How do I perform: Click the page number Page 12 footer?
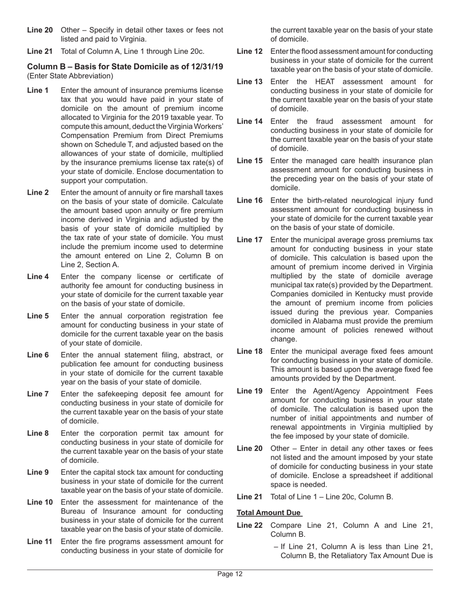pyautogui.click(x=230, y=574)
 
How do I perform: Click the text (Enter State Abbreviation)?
pyautogui.click(x=70, y=76)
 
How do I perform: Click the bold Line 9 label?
pyautogui.click(x=38, y=472)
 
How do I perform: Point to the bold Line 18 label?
pyautogui.click(x=249, y=351)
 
